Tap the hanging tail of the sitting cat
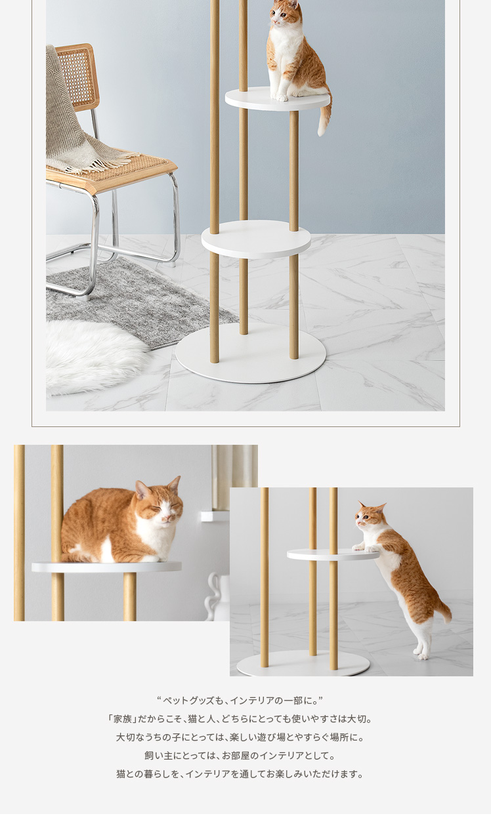pos(325,115)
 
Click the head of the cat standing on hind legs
pos(370,516)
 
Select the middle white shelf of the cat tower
pos(256,239)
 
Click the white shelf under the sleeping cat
pos(106,567)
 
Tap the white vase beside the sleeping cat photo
pos(216,597)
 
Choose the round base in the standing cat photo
pos(303,663)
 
